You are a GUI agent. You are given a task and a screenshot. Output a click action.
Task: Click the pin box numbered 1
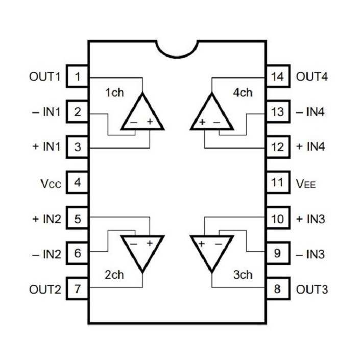[78, 76]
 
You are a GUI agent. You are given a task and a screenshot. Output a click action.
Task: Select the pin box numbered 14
[278, 76]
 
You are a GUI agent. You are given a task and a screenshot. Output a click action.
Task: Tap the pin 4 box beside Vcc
[78, 182]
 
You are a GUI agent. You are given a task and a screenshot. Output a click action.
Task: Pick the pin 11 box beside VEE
[278, 182]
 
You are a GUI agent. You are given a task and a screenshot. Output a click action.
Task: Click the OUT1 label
[45, 77]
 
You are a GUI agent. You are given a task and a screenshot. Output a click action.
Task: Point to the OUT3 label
[312, 290]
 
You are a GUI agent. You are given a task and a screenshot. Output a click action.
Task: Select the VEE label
[306, 184]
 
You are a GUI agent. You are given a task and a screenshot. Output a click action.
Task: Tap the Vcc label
[51, 184]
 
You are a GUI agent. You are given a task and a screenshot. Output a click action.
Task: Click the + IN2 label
[47, 219]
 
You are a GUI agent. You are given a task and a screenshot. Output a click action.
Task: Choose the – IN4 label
[310, 112]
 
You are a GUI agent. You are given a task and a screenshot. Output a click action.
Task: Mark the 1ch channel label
[114, 92]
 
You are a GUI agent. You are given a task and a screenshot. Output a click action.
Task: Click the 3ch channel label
[243, 275]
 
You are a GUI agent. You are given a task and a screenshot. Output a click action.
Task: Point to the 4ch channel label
[243, 92]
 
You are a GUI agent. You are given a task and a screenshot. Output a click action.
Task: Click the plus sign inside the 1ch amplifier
[150, 122]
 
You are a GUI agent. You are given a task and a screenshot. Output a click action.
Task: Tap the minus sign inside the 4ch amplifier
[217, 123]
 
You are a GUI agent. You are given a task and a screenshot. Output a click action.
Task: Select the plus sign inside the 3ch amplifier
[202, 244]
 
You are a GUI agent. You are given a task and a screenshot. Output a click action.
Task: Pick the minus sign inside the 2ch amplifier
[134, 244]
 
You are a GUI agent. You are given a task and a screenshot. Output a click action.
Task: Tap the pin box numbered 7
[78, 289]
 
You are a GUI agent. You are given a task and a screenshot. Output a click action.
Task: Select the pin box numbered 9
[278, 253]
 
